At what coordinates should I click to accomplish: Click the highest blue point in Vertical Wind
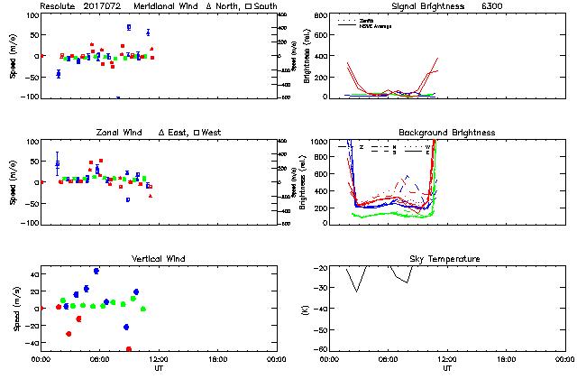[96, 270]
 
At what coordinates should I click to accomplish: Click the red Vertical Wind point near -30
[69, 334]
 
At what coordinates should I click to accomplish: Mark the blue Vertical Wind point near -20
[126, 327]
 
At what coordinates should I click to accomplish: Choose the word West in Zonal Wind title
[212, 133]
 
